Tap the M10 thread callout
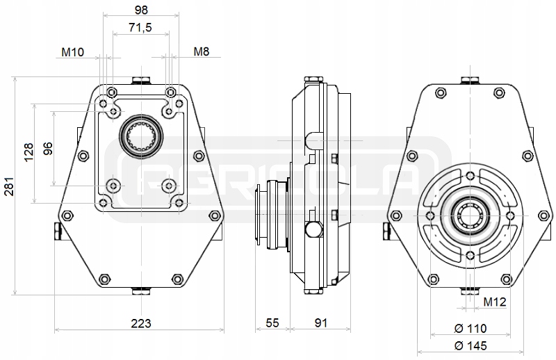coord(73,52)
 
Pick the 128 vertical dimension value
coord(28,153)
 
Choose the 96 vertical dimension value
coord(48,149)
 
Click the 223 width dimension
coord(140,323)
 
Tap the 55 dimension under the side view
coord(272,323)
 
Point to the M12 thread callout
coord(494,302)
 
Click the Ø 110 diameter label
coord(470,328)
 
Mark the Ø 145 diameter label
coord(470,345)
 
